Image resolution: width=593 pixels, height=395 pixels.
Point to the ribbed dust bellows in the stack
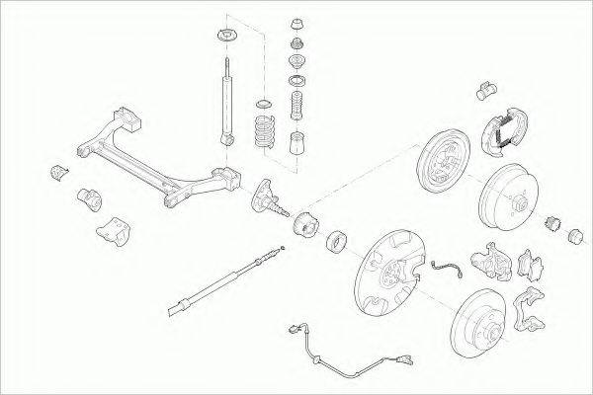[x=295, y=106]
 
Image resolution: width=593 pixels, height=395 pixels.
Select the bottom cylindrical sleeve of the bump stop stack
[x=296, y=146]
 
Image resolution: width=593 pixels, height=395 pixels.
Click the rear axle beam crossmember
[x=158, y=163]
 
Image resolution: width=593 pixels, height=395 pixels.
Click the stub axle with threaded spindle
[x=273, y=197]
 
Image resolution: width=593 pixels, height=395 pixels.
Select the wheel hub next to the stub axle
[x=305, y=226]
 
